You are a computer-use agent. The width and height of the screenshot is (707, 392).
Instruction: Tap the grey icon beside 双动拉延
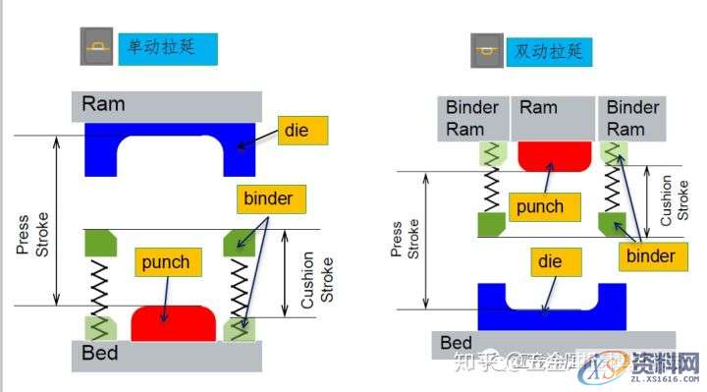484,49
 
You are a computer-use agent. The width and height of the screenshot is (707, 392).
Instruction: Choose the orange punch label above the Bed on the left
165,262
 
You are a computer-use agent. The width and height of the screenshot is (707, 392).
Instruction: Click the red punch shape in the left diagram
174,324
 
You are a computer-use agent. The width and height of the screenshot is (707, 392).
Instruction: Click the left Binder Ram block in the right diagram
472,118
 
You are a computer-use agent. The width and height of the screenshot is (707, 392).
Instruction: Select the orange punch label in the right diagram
541,206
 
